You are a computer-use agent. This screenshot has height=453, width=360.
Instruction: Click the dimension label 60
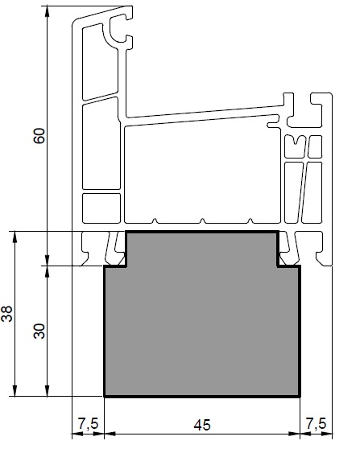tap(39, 135)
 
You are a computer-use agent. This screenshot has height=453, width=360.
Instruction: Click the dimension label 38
tap(7, 314)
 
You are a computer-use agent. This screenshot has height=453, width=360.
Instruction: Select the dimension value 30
tap(39, 331)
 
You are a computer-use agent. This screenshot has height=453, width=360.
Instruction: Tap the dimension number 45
tap(202, 426)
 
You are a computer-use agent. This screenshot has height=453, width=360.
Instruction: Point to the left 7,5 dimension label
tap(88, 424)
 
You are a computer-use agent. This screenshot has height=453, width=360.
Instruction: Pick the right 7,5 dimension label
tap(316, 424)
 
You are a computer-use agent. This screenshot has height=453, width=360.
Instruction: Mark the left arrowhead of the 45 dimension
tap(110, 434)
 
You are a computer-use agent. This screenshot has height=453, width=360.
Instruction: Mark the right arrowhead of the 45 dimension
tap(294, 434)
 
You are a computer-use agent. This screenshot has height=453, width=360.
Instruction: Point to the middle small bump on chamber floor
tap(203, 221)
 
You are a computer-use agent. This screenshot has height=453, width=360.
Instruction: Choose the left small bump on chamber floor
tap(155, 221)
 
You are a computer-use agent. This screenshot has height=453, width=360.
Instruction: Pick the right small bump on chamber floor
tap(250, 221)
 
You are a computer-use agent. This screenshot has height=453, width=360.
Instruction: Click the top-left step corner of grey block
tap(126, 232)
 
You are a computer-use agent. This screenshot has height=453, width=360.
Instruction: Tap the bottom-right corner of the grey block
tap(300, 397)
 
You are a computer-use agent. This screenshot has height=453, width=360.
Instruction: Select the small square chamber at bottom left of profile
tap(101, 208)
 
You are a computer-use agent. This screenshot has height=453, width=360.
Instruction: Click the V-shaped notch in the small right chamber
tap(295, 141)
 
